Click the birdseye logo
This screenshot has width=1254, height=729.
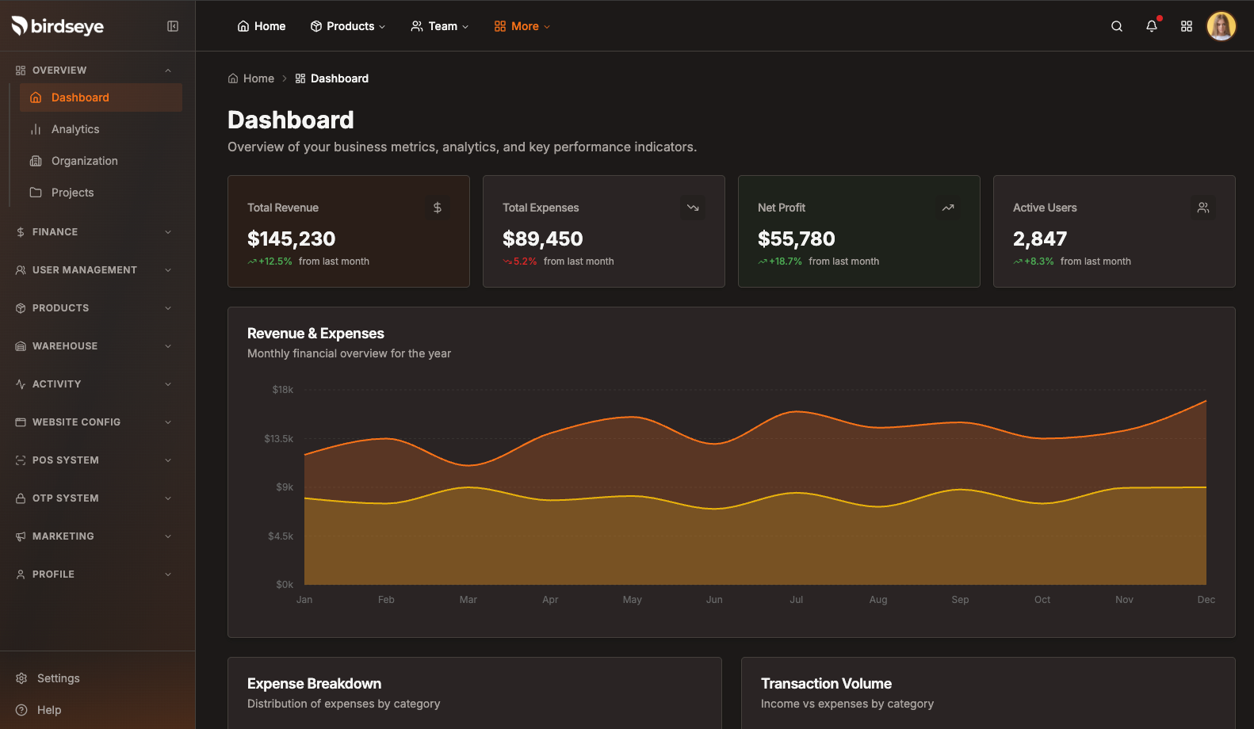tap(58, 26)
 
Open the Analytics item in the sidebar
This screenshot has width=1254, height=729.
tap(75, 129)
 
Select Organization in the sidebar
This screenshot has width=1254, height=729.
tap(84, 161)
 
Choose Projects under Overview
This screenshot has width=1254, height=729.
tap(72, 193)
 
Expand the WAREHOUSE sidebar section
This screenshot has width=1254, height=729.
tap(65, 346)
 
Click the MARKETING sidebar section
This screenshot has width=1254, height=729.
tap(63, 536)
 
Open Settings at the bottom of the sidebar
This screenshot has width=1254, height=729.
tap(58, 678)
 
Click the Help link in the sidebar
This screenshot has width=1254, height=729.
tap(48, 710)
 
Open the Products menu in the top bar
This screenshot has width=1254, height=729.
tap(348, 26)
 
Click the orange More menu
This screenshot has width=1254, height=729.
tap(522, 26)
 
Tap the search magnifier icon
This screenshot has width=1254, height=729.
tap(1117, 26)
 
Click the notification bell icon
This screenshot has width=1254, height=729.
tap(1152, 26)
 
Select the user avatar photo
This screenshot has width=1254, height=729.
tap(1221, 26)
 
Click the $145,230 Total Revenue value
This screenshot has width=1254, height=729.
tap(291, 239)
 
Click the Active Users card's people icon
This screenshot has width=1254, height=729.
tap(1202, 208)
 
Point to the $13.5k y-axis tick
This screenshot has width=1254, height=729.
tap(279, 438)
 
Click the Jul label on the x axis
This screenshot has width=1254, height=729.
tap(797, 600)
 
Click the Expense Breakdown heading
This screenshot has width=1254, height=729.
tap(314, 684)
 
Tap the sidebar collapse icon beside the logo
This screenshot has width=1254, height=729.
tap(173, 26)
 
